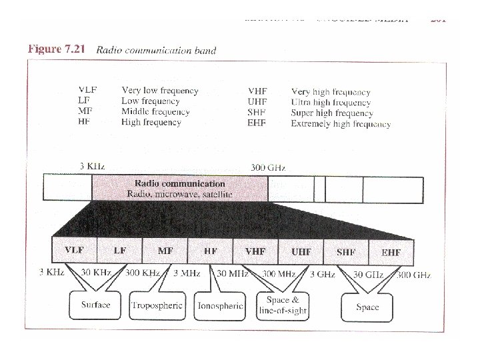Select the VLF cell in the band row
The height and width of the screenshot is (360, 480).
pos(74,251)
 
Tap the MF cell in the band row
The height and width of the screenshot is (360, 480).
pos(165,251)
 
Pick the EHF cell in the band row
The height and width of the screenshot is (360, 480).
pos(391,252)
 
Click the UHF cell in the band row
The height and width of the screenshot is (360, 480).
pos(301,251)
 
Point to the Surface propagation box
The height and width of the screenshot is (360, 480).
pos(95,305)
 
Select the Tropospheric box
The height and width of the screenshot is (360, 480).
pos(157,305)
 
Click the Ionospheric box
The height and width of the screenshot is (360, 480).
pos(220,306)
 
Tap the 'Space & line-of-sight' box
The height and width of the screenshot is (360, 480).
pos(283,305)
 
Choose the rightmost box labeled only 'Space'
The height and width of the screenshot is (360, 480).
pos(367,307)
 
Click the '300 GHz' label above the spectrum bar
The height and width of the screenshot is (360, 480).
pos(268,167)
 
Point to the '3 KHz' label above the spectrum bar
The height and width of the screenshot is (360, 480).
pos(91,166)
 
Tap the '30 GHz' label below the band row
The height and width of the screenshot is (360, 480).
pos(367,275)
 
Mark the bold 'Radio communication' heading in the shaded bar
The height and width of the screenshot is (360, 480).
pos(180,183)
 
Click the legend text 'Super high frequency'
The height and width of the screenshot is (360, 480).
pos(332,113)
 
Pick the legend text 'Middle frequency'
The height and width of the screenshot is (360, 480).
pos(155,112)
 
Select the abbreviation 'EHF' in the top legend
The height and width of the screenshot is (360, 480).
pos(257,123)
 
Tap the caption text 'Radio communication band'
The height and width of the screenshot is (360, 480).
pos(156,50)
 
